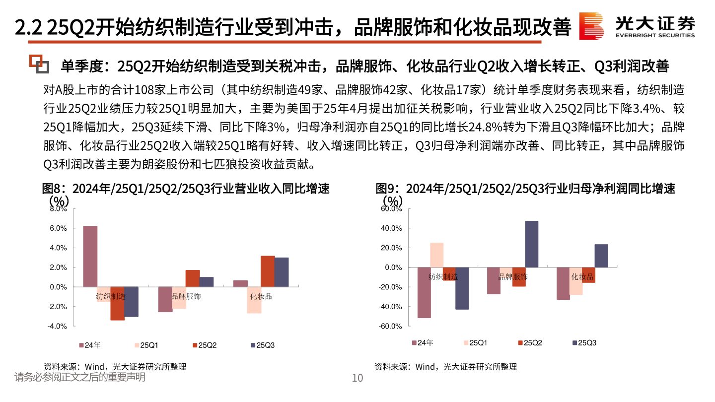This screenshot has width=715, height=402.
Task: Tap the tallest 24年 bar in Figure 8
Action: point(90,256)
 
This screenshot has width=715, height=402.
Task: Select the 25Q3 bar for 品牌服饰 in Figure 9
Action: point(531,244)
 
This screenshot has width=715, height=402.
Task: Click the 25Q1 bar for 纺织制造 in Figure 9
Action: point(437,255)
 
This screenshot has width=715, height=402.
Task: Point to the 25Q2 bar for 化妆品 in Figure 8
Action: point(268,271)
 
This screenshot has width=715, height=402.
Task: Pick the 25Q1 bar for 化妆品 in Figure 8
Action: point(254,300)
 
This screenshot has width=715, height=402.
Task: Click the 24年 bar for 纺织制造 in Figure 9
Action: point(424,293)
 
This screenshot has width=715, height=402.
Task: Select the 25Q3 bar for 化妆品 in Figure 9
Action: point(601,256)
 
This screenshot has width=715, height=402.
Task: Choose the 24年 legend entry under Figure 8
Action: point(89,345)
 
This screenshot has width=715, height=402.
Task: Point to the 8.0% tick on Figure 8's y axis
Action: point(58,209)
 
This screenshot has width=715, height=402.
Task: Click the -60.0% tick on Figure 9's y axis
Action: point(390,326)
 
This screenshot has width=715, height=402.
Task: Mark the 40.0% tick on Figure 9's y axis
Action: point(391,228)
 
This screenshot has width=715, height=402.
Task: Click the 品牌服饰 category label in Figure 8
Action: point(186,296)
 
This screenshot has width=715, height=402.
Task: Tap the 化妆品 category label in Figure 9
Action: point(582,276)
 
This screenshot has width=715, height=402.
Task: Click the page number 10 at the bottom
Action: point(357,378)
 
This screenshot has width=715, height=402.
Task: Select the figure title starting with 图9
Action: point(525,189)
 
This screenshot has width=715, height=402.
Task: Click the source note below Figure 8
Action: point(115,367)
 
